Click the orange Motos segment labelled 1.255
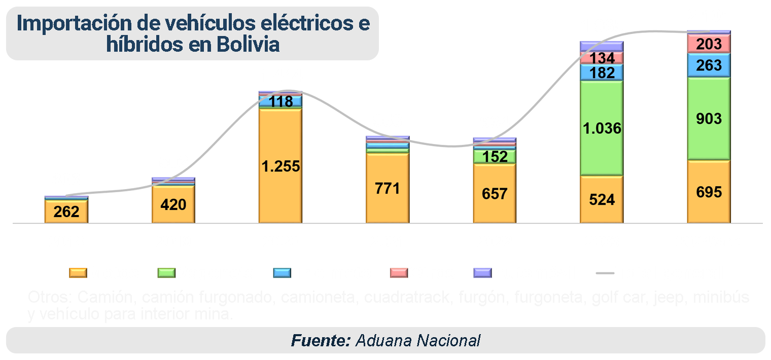pyautogui.click(x=281, y=166)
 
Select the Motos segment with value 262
pyautogui.click(x=66, y=211)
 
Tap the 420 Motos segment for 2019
pyautogui.click(x=173, y=204)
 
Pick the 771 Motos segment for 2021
pyautogui.click(x=388, y=188)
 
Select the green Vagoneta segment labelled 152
pyautogui.click(x=495, y=157)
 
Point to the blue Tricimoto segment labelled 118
pyautogui.click(x=281, y=101)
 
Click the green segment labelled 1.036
pyautogui.click(x=602, y=128)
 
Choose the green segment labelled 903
pyautogui.click(x=709, y=119)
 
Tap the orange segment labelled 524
pyautogui.click(x=602, y=199)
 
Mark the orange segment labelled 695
pyautogui.click(x=709, y=192)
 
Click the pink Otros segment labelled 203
pyautogui.click(x=709, y=44)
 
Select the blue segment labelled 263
pyautogui.click(x=709, y=65)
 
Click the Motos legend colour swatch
pyautogui.click(x=78, y=273)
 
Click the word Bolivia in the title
pyautogui.click(x=248, y=45)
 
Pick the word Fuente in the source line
pyautogui.click(x=321, y=340)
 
